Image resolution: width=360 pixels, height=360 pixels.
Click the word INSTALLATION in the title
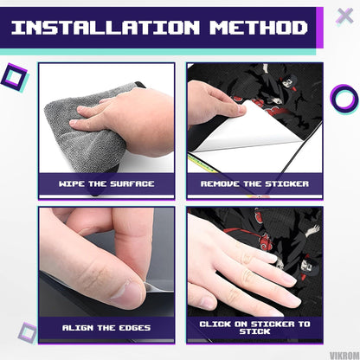pos(106,28)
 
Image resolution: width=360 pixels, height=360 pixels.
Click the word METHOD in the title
pos(259,28)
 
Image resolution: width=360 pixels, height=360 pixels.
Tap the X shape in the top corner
pos(344,16)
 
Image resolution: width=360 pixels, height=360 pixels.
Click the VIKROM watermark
pos(344,356)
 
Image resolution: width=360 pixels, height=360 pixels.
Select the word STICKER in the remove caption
pos(286,183)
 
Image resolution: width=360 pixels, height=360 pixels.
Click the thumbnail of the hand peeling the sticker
pos(241,109)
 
